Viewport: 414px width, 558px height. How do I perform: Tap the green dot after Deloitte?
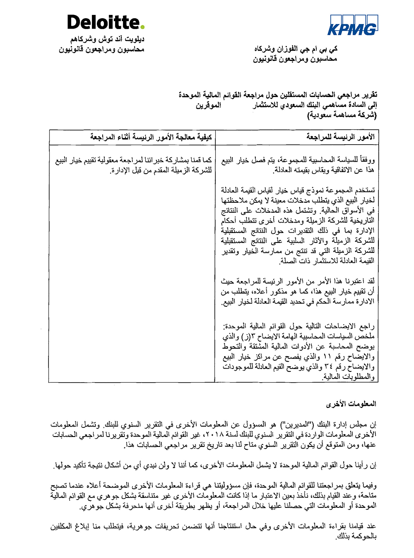(x=142, y=27)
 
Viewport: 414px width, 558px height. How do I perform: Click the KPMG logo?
(x=353, y=26)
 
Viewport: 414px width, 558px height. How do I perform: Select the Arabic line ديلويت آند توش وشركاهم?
(x=107, y=40)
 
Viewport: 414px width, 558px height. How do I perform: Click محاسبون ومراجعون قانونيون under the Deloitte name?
(x=101, y=50)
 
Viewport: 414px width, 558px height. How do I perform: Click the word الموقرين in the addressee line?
(x=209, y=105)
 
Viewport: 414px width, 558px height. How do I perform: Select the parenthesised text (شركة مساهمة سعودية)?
(x=342, y=115)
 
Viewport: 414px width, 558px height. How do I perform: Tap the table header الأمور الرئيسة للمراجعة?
(x=340, y=137)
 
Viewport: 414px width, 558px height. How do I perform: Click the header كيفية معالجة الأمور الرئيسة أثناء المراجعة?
(x=151, y=137)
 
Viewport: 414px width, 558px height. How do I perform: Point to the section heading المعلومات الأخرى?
(x=351, y=404)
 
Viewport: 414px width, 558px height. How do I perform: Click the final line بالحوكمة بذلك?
(x=356, y=536)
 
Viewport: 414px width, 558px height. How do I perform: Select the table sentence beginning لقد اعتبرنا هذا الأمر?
(x=298, y=291)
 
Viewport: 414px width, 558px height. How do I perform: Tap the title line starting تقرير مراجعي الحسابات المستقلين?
(x=278, y=95)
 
